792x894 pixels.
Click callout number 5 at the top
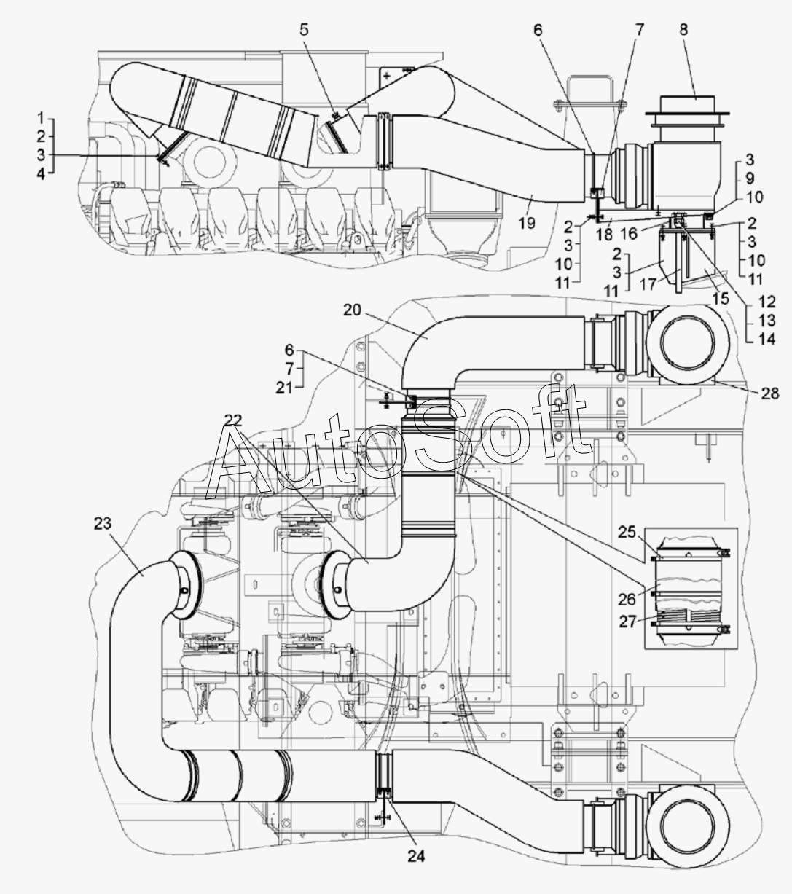pyautogui.click(x=304, y=30)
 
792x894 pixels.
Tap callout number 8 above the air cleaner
pyautogui.click(x=683, y=30)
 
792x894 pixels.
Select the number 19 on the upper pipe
pyautogui.click(x=526, y=223)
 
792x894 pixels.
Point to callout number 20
pyautogui.click(x=352, y=310)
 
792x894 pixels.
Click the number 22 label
pyautogui.click(x=232, y=420)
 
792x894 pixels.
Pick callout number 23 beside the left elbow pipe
pyautogui.click(x=103, y=523)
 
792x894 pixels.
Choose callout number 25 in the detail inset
pyautogui.click(x=627, y=532)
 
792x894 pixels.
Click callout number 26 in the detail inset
pyautogui.click(x=627, y=599)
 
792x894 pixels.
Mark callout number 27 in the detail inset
pyautogui.click(x=627, y=622)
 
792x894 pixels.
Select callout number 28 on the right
pyautogui.click(x=770, y=393)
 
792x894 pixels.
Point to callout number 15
pyautogui.click(x=720, y=299)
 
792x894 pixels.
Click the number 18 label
pyautogui.click(x=604, y=235)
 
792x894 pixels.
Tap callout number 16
pyautogui.click(x=630, y=233)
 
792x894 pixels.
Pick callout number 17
pyautogui.click(x=648, y=285)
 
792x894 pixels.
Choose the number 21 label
pyautogui.click(x=285, y=388)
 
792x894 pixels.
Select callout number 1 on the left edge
pyautogui.click(x=41, y=118)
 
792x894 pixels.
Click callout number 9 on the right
pyautogui.click(x=750, y=179)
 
